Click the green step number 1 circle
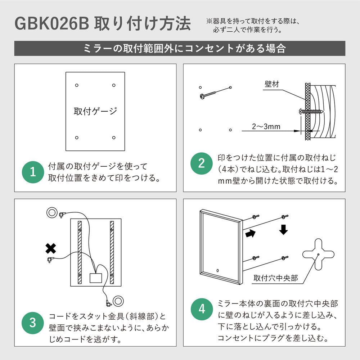pyautogui.click(x=33, y=171)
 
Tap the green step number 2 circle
pyautogui.click(x=202, y=164)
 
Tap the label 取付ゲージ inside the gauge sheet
pyautogui.click(x=95, y=111)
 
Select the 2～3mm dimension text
pyautogui.click(x=266, y=126)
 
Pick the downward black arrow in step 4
pyautogui.click(x=284, y=230)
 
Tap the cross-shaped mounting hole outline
pyautogui.click(x=319, y=255)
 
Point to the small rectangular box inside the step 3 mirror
pyautogui.click(x=95, y=278)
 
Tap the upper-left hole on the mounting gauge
pyautogui.click(x=76, y=85)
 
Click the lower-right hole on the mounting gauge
pyautogui.click(x=114, y=138)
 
